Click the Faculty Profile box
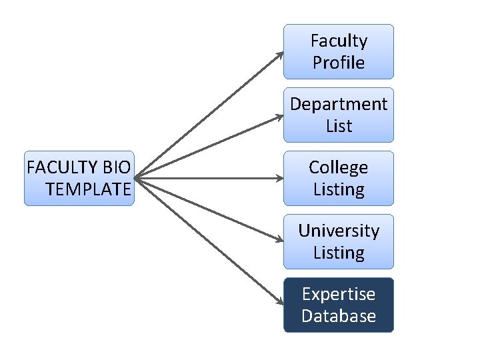pos(339,52)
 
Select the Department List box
pos(339,115)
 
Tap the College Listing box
pos(339,179)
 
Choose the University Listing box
pos(339,242)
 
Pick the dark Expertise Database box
pos(339,305)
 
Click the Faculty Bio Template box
pos(79,179)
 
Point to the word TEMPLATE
pos(88,189)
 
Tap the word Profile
pos(339,63)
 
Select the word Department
pos(339,105)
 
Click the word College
pos(339,168)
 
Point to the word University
pos(339,231)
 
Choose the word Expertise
pos(339,295)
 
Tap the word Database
pos(339,316)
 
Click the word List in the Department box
pos(339,126)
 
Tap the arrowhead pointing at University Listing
pos(279,239)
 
